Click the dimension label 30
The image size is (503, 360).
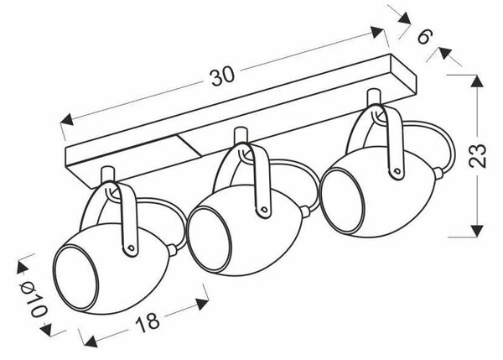[x=223, y=77]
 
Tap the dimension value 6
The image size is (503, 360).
[x=425, y=36]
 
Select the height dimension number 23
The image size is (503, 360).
[x=477, y=156]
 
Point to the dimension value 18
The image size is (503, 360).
[x=148, y=322]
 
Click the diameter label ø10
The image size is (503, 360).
[x=34, y=300]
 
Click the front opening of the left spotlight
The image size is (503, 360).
[x=75, y=278]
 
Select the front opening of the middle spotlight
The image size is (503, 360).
[x=209, y=239]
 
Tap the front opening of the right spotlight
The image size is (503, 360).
[x=343, y=201]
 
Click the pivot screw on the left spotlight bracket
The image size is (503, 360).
[x=131, y=248]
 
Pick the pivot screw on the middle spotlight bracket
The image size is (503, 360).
[x=264, y=210]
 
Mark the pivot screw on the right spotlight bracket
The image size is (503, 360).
[x=398, y=171]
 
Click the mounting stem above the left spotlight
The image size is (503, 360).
[x=108, y=174]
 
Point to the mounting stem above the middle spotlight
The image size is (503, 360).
[x=241, y=135]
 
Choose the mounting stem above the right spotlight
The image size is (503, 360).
[x=374, y=97]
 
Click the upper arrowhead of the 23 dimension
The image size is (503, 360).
[x=477, y=81]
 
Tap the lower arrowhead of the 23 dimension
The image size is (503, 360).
[x=477, y=231]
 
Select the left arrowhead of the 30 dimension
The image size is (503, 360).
[x=67, y=119]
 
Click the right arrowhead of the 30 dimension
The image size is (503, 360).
[x=377, y=33]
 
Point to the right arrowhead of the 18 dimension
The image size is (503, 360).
[x=202, y=304]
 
